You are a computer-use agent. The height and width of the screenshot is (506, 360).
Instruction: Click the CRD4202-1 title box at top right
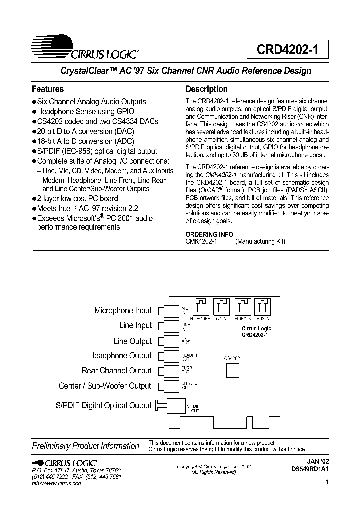[287, 50]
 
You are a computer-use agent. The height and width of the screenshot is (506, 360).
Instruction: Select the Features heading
[48, 89]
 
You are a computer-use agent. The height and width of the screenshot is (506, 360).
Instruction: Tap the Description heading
[207, 89]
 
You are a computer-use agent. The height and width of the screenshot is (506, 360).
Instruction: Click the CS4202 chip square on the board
[233, 371]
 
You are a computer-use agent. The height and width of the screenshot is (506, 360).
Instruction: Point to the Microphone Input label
[123, 311]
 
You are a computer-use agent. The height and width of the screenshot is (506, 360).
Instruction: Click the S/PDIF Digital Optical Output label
[104, 405]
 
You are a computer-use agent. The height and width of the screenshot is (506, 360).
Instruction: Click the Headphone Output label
[120, 356]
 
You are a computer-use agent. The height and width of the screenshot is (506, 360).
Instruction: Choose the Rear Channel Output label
[116, 371]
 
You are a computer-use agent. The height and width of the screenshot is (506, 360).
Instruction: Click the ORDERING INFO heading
[209, 234]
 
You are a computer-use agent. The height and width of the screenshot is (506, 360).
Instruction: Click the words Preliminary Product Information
[85, 446]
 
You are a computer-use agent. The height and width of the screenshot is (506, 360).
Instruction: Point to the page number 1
[326, 483]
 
